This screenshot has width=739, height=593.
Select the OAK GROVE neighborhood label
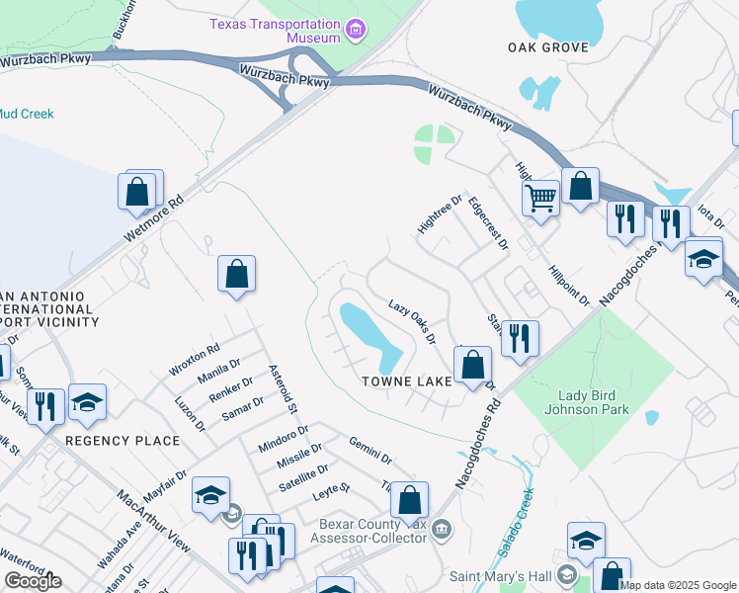(548, 46)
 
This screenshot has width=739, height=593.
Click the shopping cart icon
(540, 197)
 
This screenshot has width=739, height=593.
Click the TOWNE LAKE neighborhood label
(406, 381)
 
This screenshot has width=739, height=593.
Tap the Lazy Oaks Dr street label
(412, 322)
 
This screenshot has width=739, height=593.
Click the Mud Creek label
(27, 114)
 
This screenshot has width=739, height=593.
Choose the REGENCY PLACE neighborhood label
(123, 440)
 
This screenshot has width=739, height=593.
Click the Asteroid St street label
(284, 387)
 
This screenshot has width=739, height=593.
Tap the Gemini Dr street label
(370, 450)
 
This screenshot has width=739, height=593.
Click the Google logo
(33, 581)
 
